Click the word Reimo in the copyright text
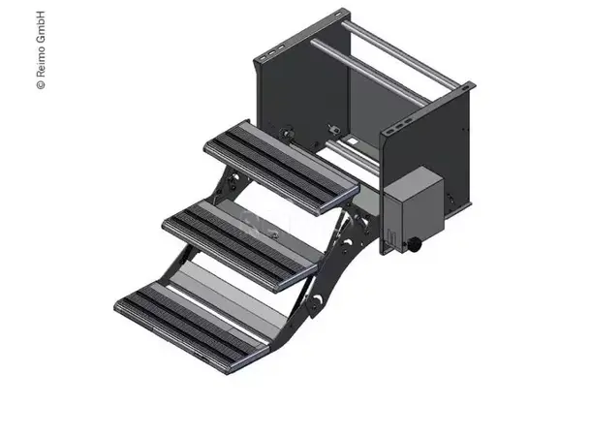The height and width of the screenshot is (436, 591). pos(40,65)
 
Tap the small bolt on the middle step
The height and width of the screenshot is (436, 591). pos(274,234)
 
